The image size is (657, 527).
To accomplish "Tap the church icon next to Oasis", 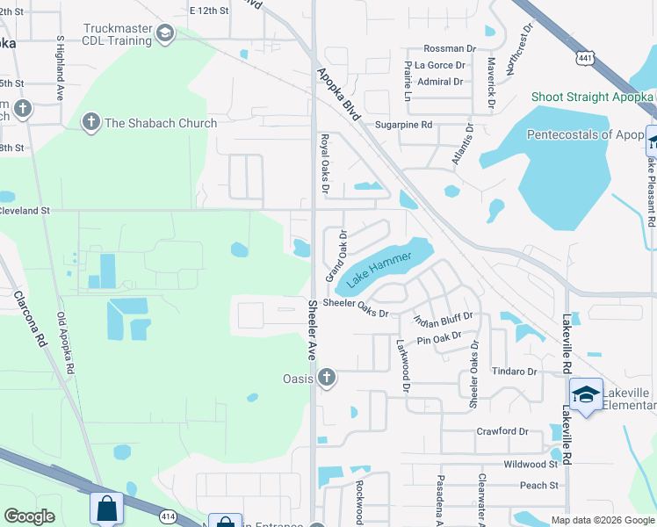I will [x=327, y=378].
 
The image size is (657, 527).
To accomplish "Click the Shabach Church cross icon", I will [x=90, y=123].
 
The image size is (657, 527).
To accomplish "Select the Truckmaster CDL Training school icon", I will [x=164, y=33].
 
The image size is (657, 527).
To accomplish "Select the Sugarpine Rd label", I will [x=403, y=126].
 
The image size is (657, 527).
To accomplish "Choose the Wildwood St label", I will [x=531, y=464].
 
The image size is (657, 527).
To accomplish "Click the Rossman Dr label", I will [x=450, y=49].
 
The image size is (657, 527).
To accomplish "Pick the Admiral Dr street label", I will [x=440, y=82].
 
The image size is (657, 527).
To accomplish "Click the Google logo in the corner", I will [x=30, y=516].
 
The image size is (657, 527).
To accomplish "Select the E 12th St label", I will [x=209, y=11].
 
